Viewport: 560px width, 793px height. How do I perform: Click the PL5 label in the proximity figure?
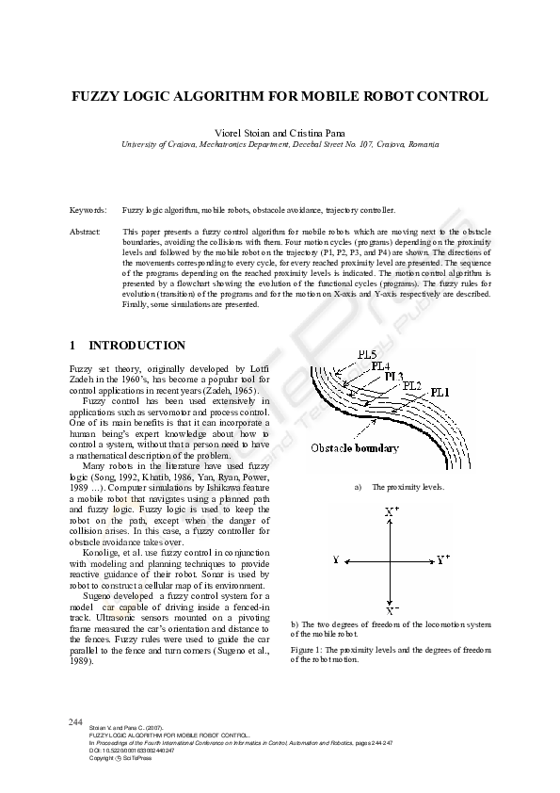coord(356,353)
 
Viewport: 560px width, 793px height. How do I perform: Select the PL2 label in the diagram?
coord(413,385)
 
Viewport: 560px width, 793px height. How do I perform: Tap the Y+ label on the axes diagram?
coord(442,559)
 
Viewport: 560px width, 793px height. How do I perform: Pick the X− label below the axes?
coord(392,609)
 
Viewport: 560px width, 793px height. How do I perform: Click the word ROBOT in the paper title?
coord(400,96)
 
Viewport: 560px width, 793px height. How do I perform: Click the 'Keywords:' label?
coord(88,209)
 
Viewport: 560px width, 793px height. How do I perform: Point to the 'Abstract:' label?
coord(86,231)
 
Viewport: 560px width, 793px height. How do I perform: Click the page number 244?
coord(77,721)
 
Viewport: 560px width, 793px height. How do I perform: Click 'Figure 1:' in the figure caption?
coord(309,650)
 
